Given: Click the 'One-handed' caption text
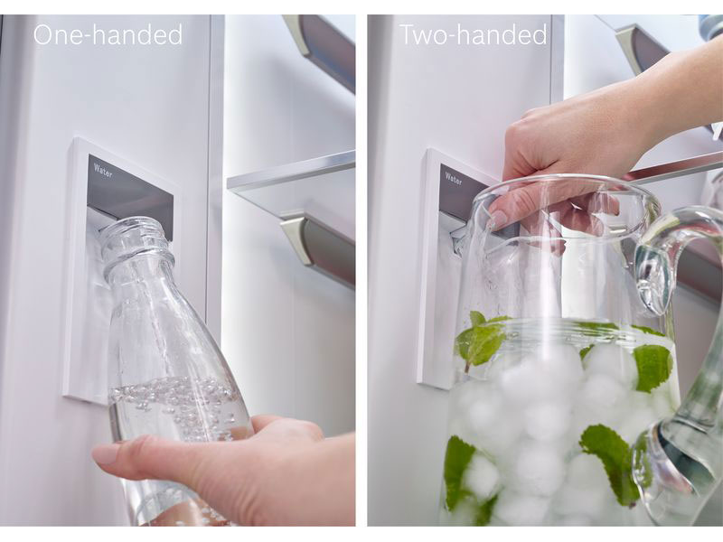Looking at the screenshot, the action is click(x=108, y=35).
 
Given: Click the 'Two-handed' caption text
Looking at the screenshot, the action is click(x=473, y=34).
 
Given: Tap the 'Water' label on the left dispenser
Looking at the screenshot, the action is click(x=103, y=170).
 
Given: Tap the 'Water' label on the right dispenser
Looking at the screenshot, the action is click(x=454, y=178).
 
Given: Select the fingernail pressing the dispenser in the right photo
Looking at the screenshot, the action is click(x=498, y=219).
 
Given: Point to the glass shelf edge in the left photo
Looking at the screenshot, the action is click(x=290, y=172).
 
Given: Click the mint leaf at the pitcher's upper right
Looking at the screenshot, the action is click(x=653, y=367).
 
